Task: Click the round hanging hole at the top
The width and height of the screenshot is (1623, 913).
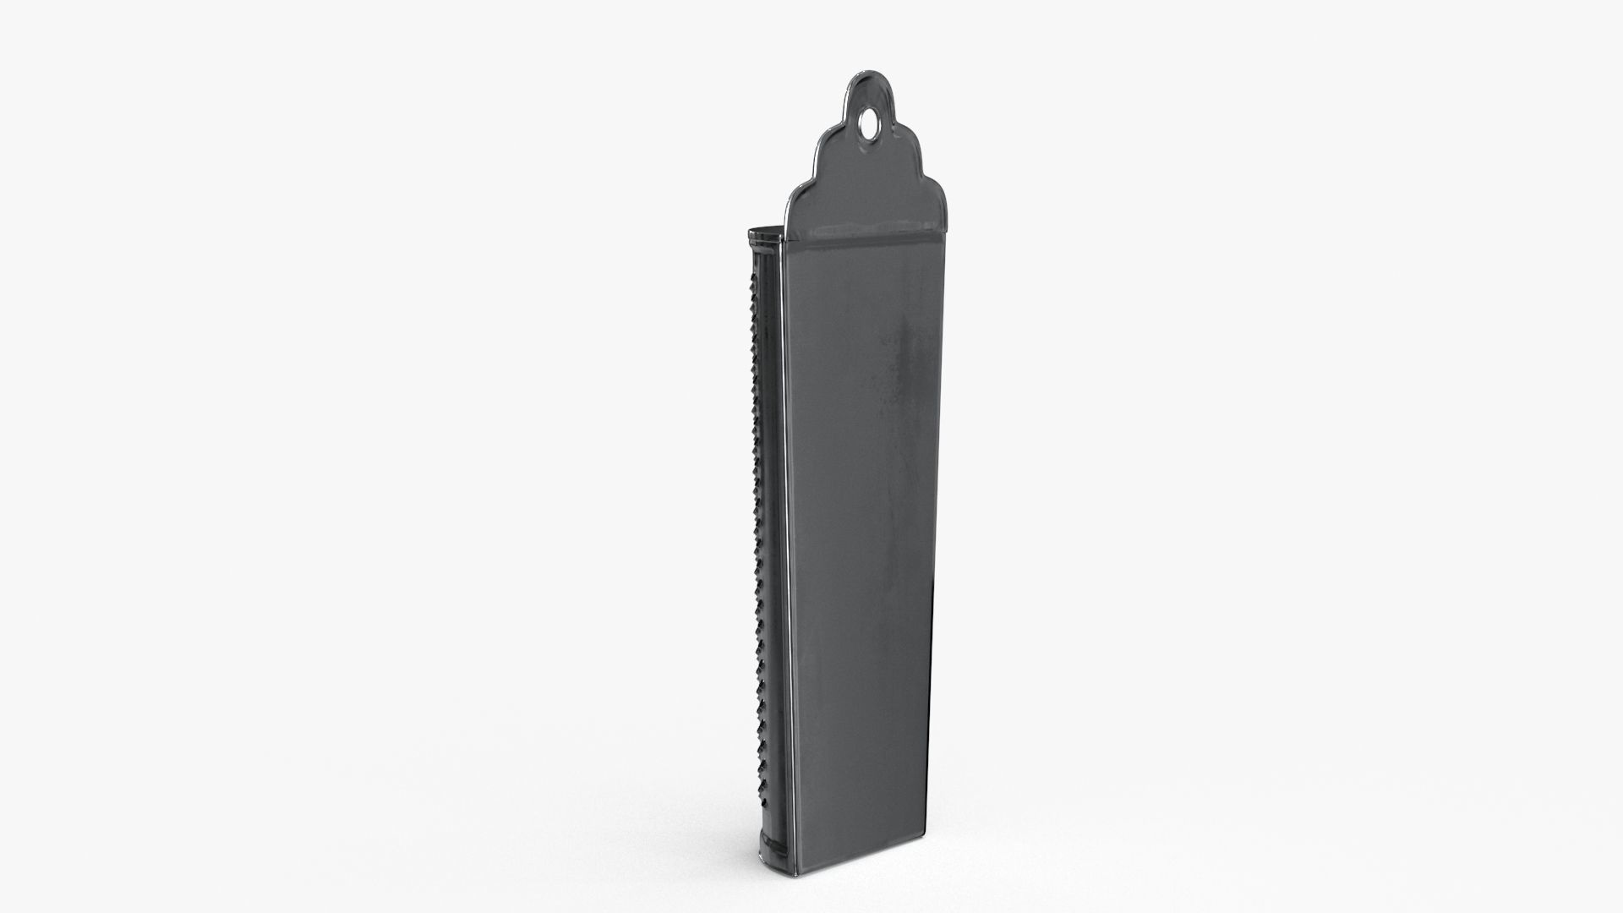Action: point(868,128)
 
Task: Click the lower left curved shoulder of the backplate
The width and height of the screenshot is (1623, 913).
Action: point(804,191)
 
